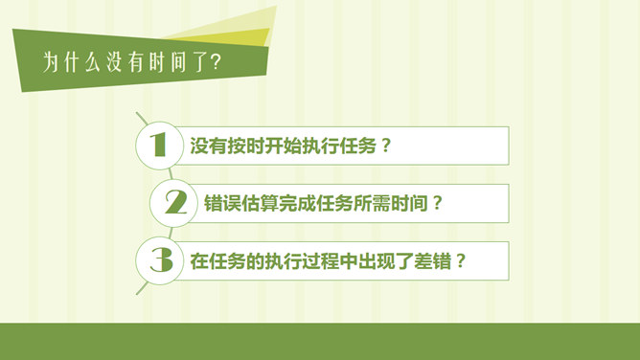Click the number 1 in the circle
click(159, 145)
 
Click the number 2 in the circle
click(174, 202)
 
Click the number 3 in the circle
click(159, 259)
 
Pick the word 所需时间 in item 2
click(388, 203)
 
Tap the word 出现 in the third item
click(372, 260)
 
